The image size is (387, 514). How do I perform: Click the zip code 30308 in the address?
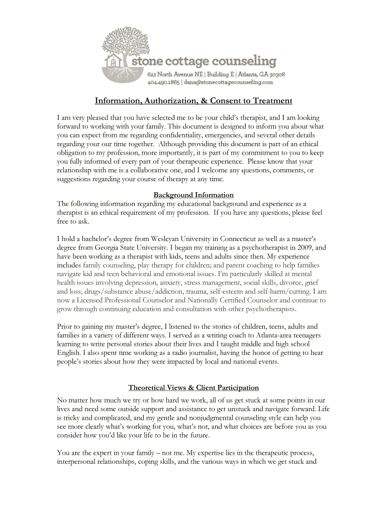(277, 74)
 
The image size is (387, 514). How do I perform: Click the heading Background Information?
(193, 195)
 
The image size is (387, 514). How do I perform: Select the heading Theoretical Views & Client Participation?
(193, 388)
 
